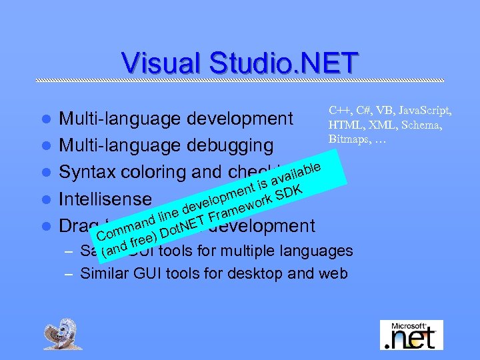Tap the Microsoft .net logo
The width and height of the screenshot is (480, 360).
411,335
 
